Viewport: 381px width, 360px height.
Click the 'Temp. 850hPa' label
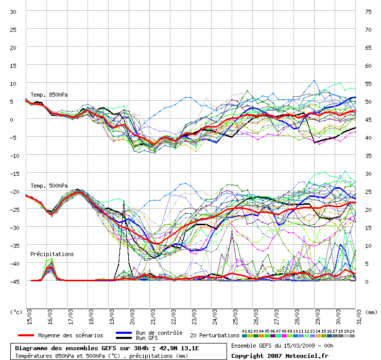pos(49,95)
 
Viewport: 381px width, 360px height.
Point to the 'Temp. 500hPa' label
pos(49,186)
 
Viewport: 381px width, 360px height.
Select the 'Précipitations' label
pos(52,254)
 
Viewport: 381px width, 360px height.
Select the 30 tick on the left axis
pos(14,12)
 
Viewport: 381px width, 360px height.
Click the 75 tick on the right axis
pos(368,12)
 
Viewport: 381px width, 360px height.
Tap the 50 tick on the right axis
pos(368,102)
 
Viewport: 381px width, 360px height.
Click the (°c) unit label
pos(17,312)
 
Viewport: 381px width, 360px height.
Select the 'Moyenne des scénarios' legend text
pos(71,335)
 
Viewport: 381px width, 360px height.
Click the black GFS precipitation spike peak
pos(124,202)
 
